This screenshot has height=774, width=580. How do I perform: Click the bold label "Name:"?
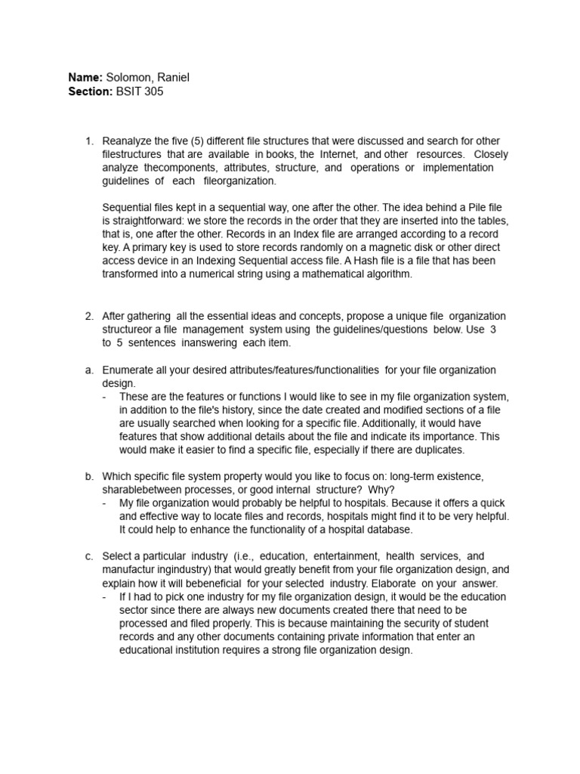85,77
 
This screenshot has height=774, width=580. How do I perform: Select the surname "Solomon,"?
128,77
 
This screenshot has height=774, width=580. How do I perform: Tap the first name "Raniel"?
173,77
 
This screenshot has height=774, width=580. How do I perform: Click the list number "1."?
89,141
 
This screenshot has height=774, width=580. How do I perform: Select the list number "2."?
89,316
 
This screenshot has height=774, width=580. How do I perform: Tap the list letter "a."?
89,370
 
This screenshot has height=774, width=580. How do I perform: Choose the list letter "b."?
89,476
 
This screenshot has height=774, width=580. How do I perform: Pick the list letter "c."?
89,556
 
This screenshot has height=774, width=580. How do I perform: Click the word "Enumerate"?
128,370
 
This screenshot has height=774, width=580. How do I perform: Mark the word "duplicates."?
437,450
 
